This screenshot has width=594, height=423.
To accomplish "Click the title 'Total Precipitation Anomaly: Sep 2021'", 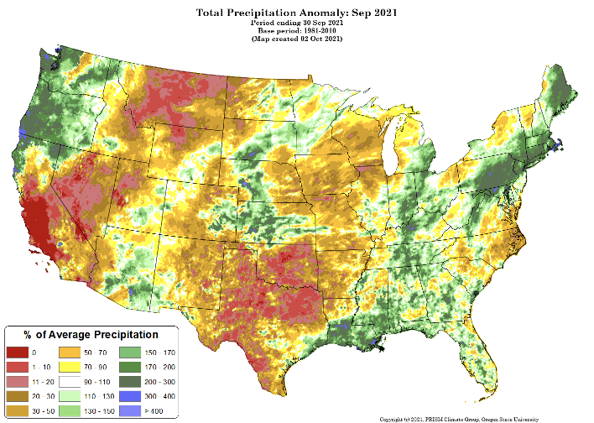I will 296,13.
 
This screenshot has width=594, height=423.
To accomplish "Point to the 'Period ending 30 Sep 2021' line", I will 296,23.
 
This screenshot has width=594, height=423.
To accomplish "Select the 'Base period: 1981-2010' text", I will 296,30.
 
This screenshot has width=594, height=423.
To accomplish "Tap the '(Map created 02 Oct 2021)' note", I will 296,39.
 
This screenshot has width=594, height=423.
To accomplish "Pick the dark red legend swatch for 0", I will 18,352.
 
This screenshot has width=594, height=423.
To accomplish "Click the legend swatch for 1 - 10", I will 18,367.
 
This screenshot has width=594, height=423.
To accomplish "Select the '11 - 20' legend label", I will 42,382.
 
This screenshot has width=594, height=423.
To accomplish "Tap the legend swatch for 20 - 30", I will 18,396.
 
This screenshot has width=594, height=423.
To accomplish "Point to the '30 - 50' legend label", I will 42,411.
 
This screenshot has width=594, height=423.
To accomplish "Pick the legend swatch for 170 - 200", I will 130,367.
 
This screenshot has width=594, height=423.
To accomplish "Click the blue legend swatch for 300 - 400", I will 130,396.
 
